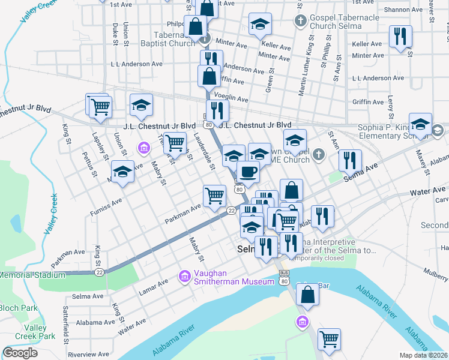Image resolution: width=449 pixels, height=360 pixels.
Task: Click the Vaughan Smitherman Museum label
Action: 229,276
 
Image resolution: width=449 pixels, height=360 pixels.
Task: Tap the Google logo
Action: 20,353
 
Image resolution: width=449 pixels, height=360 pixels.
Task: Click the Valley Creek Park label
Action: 39,332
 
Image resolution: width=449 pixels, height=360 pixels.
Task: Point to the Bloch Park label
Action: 18,307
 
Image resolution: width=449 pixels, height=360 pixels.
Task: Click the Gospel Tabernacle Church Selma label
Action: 345,22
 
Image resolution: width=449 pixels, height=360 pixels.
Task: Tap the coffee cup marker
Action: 248,172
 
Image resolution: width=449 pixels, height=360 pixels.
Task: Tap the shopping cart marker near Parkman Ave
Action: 214,196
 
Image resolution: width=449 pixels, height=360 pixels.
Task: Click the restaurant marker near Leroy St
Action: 400,36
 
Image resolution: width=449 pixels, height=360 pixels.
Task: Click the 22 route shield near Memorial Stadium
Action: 99,272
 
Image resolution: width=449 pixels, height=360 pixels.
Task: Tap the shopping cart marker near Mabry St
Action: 174,143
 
